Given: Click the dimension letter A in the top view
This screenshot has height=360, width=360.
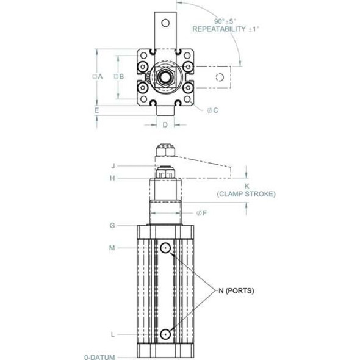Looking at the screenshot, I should coord(101,76).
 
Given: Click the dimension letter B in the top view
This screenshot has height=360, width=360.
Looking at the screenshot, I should coord(122,76).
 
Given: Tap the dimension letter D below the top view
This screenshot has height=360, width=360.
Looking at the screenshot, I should coord(165,125).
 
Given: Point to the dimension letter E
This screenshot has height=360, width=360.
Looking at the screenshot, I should coord(96,110).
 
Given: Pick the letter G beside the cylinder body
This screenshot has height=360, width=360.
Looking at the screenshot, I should coord(112,225).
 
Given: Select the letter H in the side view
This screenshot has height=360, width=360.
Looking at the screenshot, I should coord(112,178).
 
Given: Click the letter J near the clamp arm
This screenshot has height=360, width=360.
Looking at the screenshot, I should coord(113,165).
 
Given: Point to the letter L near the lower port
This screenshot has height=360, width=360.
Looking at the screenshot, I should coord(112,334).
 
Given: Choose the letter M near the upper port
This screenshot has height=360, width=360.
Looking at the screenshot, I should coord(112,247).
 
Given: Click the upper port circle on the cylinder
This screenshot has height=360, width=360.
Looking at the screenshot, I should coord(165,248).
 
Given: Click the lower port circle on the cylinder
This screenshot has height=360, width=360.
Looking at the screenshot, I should coord(165,334).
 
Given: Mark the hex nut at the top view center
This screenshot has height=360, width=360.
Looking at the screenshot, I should coord(165,76).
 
